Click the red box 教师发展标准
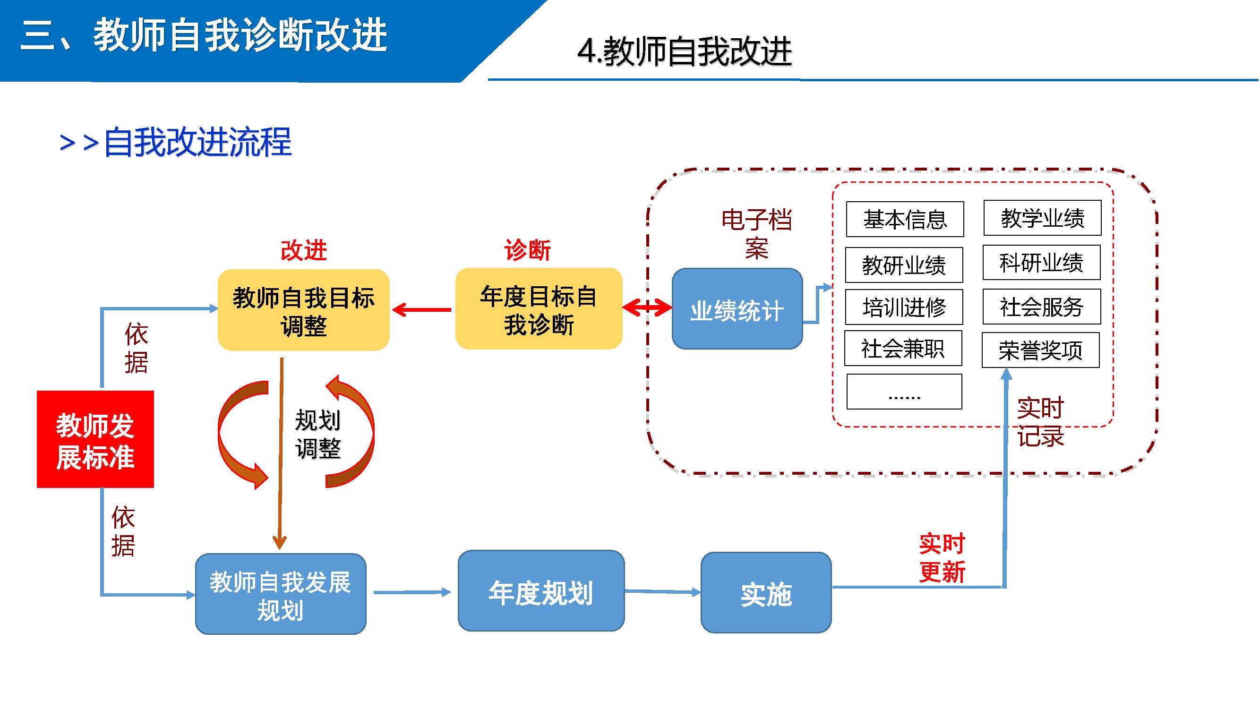coord(95,439)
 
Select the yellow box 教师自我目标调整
coord(303,310)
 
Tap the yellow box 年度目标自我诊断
coord(539,309)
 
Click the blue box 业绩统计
coord(737,309)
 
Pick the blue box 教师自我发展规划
coord(281,594)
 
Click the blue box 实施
coord(766,593)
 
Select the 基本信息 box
coord(905,220)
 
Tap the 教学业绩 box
coord(1042,218)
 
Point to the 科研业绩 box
coord(1041,263)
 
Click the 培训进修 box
coord(904,308)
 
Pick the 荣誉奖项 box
coord(1040,350)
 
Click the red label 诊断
coord(527,250)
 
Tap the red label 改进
coord(303,250)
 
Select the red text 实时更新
coord(942,558)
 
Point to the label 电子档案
coord(756,234)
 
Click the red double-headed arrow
coord(647,308)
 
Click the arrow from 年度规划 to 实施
coord(663,592)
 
